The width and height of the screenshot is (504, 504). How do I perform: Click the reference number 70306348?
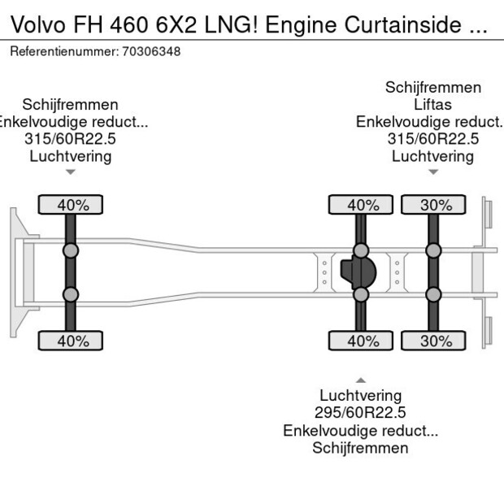[x=151, y=51]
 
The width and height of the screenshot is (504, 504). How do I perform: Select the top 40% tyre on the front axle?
[x=72, y=205]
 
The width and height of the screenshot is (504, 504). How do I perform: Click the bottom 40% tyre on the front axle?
[x=72, y=341]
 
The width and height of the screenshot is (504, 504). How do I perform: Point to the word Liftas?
[x=433, y=105]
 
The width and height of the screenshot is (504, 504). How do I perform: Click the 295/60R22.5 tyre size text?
[x=360, y=413]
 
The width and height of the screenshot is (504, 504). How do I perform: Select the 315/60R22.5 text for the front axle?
[x=71, y=139]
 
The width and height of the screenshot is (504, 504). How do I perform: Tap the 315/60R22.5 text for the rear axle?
[x=433, y=139]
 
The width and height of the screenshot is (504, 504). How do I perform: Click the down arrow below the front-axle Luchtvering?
[x=71, y=172]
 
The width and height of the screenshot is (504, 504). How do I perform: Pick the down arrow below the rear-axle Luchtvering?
[x=433, y=172]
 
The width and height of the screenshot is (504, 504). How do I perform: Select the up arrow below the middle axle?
[x=360, y=380]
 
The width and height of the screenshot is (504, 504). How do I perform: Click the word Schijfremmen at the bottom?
[x=360, y=448]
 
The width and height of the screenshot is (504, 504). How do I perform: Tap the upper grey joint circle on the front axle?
[x=71, y=250]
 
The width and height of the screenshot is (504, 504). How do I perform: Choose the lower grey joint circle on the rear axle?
[x=434, y=294]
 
